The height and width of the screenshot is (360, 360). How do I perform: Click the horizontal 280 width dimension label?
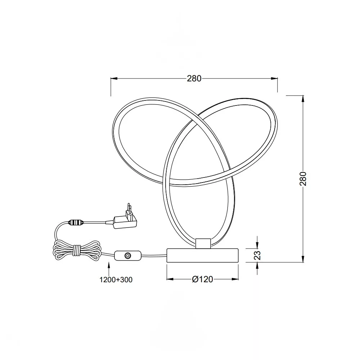194,78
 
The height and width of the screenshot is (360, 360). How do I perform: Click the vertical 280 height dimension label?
303,179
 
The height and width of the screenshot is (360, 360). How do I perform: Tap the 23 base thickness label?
258,255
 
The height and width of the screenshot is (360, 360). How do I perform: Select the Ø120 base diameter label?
202,279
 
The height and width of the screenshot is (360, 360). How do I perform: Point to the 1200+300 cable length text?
116,280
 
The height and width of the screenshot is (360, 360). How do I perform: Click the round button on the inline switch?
127,255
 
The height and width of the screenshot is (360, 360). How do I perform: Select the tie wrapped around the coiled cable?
76,250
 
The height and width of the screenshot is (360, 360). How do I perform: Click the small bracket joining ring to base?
203,243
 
